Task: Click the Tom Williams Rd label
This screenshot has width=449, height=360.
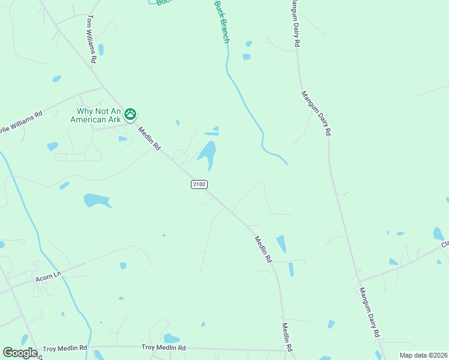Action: click(92, 40)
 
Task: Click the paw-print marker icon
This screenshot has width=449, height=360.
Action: click(130, 114)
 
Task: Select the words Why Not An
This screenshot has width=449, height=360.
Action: click(100, 111)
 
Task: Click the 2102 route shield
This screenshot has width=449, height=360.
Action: click(199, 184)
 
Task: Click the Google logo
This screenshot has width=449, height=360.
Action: click(20, 352)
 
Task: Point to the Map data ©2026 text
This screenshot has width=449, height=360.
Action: click(423, 355)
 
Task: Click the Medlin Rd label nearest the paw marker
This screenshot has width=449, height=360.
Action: click(149, 138)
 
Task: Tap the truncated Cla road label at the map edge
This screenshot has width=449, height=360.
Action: click(445, 244)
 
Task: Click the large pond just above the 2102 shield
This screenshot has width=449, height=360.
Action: click(207, 154)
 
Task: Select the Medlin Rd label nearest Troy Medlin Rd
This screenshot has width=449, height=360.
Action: click(287, 338)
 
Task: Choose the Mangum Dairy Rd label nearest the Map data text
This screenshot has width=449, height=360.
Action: click(369, 311)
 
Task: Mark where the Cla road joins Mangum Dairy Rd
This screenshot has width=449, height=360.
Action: click(358, 281)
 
